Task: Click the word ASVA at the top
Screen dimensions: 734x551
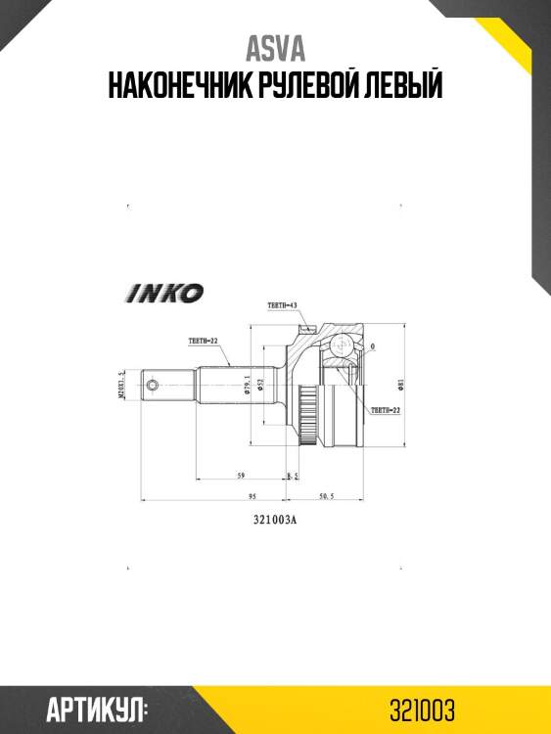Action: coord(275,49)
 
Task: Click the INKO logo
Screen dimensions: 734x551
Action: coord(163,293)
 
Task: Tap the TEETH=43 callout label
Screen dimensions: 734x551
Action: coord(282,306)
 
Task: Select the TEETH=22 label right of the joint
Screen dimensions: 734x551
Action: coord(386,411)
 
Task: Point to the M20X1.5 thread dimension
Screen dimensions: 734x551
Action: coord(121,386)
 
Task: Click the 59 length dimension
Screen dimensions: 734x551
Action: coord(241,476)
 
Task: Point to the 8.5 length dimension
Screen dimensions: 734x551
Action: coord(291,476)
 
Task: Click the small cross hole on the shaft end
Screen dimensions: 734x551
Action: coord(151,386)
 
